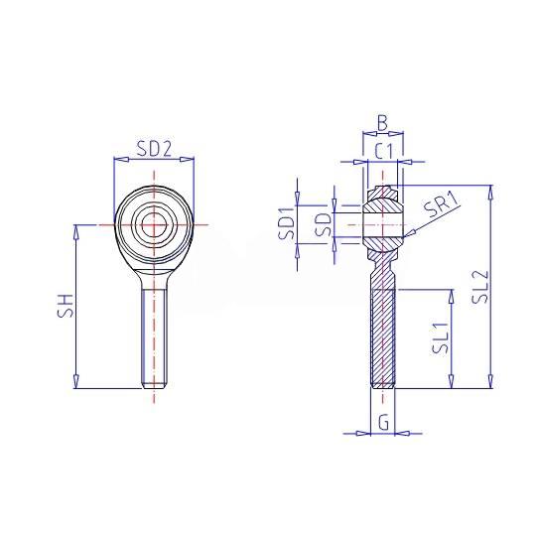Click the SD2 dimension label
click(154, 149)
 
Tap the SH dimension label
click(66, 306)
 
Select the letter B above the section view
click(382, 123)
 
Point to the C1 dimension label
click(384, 151)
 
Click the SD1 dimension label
click(287, 223)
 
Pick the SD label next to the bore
click(324, 225)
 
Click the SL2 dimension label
click(479, 287)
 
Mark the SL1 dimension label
click(441, 337)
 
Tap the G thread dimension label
click(384, 423)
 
